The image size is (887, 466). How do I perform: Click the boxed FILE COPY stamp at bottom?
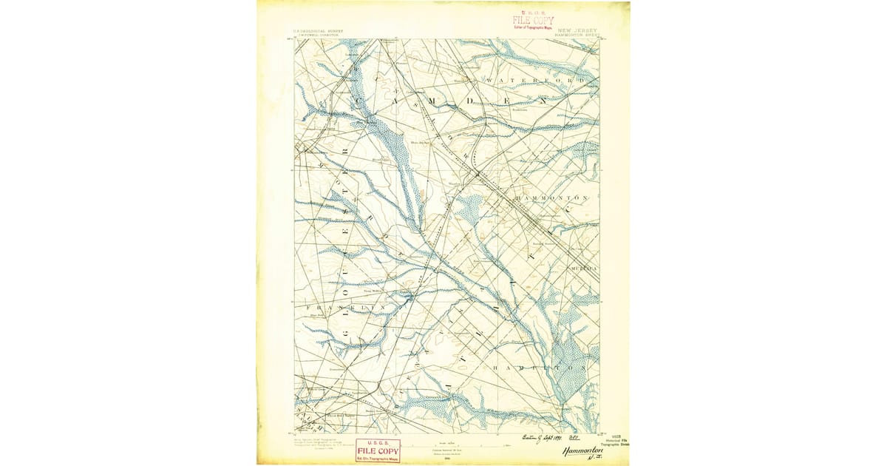pos(378,450)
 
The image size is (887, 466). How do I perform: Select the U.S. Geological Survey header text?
pos(319,32)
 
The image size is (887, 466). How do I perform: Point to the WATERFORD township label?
pos(536,80)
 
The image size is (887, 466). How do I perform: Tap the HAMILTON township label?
pos(540,367)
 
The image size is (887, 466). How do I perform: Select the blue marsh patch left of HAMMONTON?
pos(469,209)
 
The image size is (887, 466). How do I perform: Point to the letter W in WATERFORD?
pos(489,80)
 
